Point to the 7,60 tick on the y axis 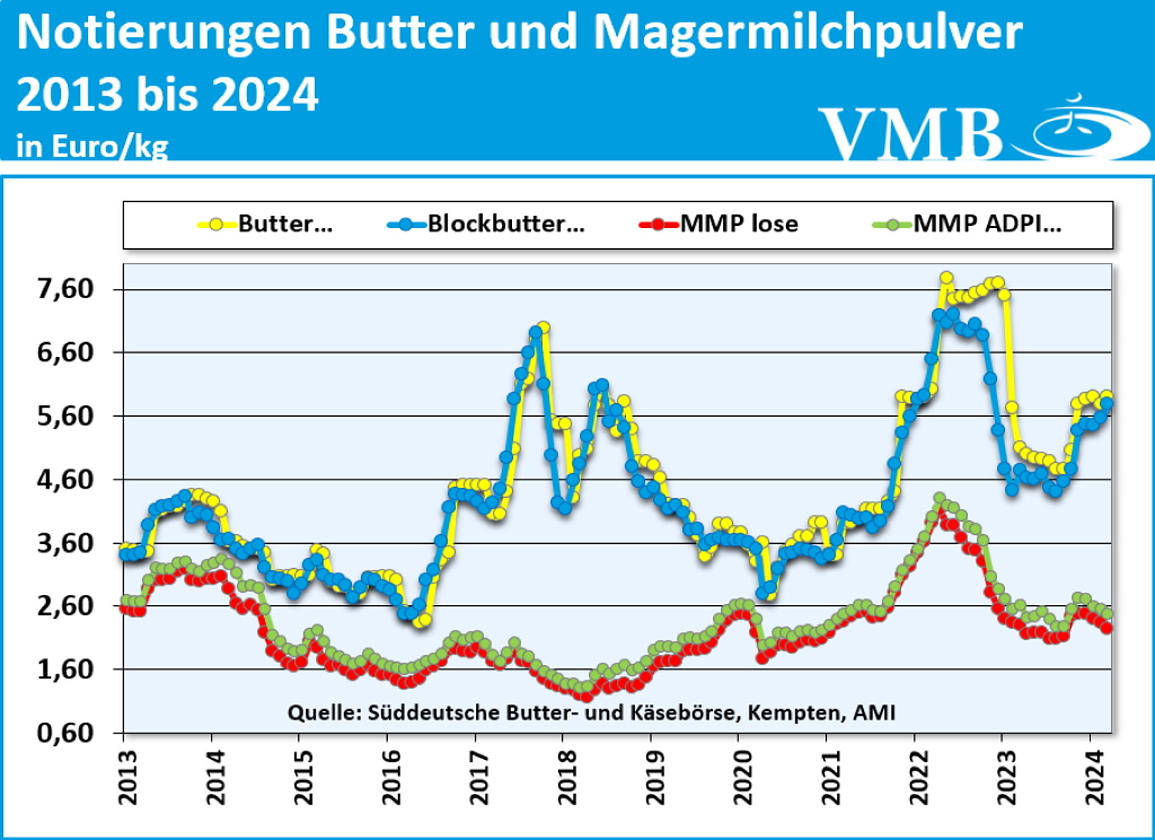(65, 289)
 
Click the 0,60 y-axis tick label (65, 733)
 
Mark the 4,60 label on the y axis (65, 479)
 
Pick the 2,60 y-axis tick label (65, 606)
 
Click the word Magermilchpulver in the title (808, 32)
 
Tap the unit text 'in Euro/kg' (92, 146)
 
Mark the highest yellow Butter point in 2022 (946, 278)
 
